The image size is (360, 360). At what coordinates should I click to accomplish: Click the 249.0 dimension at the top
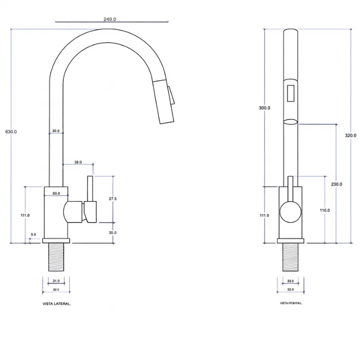tap(110, 19)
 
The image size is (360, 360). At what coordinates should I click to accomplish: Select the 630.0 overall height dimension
tap(11, 132)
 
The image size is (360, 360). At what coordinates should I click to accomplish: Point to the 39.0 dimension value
tap(78, 162)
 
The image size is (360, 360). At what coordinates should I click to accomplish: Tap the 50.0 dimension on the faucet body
tap(56, 193)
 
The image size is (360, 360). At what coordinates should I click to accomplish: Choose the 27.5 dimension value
tap(113, 199)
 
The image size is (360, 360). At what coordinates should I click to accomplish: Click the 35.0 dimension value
tap(113, 232)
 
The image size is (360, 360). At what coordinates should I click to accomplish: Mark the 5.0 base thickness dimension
tap(33, 235)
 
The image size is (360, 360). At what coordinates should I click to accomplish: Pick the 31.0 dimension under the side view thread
tap(56, 281)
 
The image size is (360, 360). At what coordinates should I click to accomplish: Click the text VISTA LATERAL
tap(57, 304)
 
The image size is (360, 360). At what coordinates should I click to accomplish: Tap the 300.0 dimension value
tap(265, 108)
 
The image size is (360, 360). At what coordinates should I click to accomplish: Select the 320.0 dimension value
tap(350, 135)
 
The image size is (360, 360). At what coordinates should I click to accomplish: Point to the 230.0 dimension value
tap(336, 184)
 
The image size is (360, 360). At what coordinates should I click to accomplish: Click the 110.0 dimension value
tap(325, 210)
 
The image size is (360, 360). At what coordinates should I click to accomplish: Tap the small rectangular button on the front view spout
tap(291, 93)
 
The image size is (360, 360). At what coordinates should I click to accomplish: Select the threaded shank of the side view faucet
tap(56, 257)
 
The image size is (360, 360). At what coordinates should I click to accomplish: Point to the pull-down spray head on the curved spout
tap(164, 103)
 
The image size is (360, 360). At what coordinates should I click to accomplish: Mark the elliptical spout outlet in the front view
tap(291, 122)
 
